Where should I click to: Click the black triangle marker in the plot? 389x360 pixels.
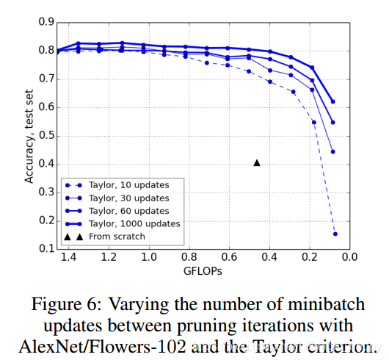[x=257, y=162]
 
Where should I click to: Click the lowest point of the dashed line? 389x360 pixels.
[x=335, y=234]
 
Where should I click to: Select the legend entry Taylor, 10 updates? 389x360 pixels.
[x=128, y=186]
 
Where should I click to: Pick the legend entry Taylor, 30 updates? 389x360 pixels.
[x=128, y=198]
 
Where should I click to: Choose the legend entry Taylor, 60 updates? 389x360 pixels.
[x=128, y=211]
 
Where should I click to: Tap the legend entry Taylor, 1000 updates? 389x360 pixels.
[x=131, y=223]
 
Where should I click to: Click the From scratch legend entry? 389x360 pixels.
[x=116, y=236]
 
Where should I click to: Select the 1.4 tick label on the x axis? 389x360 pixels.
[x=68, y=257]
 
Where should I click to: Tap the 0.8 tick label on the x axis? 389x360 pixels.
[x=189, y=257]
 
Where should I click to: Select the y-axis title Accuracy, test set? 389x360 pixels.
[x=29, y=136]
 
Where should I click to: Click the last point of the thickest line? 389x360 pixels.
[x=332, y=101]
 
